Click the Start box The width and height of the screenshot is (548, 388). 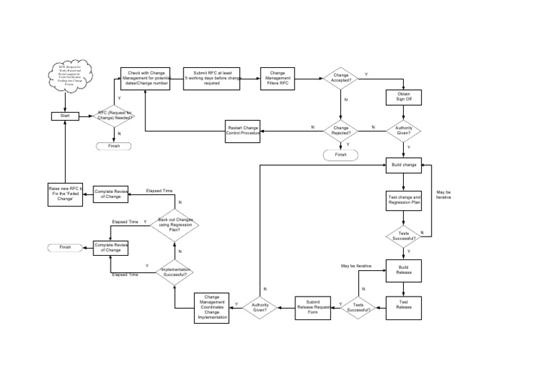(x=65, y=116)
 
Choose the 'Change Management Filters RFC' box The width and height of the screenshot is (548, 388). (x=278, y=79)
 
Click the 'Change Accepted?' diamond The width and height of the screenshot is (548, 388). (x=341, y=79)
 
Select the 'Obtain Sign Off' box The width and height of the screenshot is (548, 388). (x=404, y=96)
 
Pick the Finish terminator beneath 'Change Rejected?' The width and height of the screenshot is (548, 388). (x=340, y=154)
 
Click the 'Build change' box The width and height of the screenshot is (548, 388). (x=404, y=165)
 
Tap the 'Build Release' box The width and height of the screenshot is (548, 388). (x=404, y=270)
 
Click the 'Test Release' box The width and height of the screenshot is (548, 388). (x=404, y=305)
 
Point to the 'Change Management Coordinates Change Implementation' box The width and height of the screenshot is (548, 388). (x=213, y=307)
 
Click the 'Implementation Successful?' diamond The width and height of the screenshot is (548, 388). (x=175, y=271)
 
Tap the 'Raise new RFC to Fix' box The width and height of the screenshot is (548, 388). (x=65, y=195)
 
